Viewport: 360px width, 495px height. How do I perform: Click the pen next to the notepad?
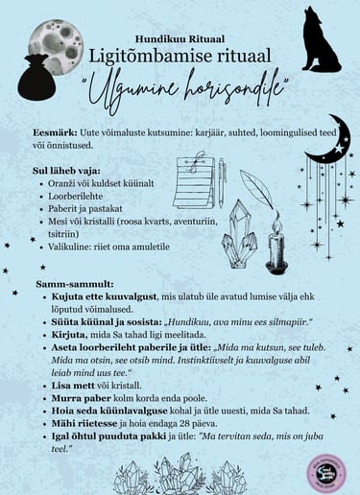[221, 182]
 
